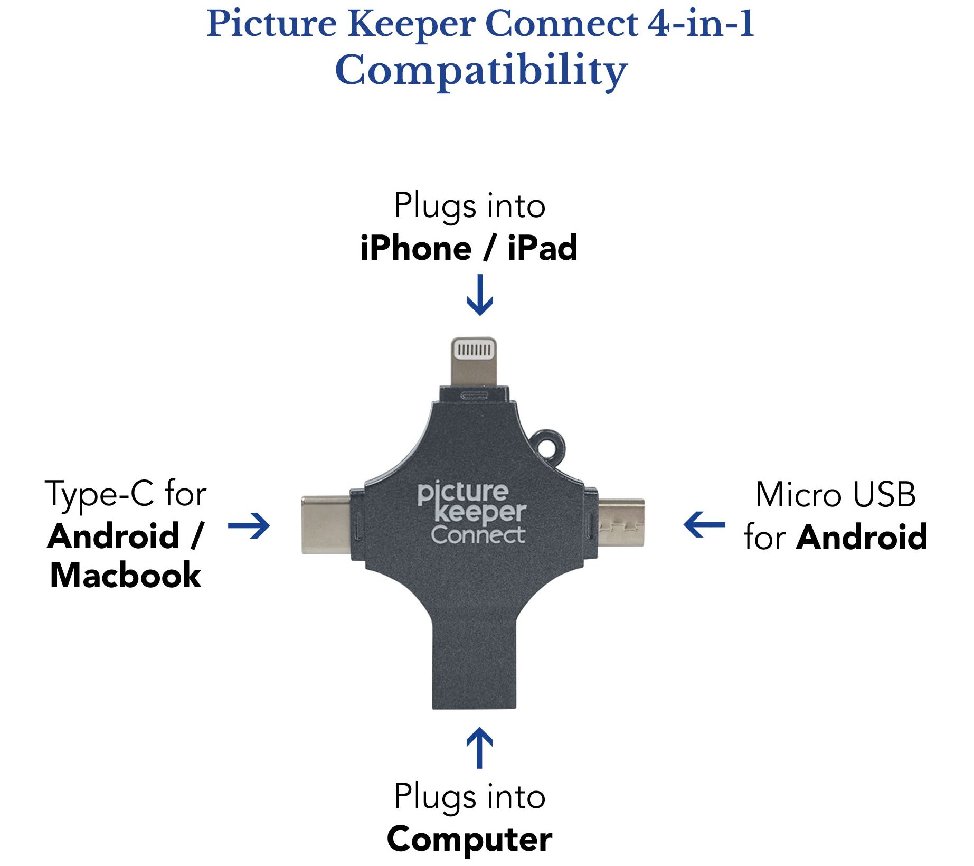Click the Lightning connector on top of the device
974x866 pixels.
tap(474, 362)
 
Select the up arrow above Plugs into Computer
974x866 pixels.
tap(479, 748)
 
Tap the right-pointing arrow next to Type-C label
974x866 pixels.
tap(249, 525)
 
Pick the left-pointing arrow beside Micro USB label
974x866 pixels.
tap(704, 524)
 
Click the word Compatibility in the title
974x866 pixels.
tap(481, 70)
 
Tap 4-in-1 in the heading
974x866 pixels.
tap(701, 24)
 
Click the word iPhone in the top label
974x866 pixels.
tap(416, 248)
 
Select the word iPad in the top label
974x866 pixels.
tap(542, 248)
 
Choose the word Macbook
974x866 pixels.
tap(126, 575)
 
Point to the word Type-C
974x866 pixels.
tap(100, 494)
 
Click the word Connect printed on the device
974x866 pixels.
tap(478, 535)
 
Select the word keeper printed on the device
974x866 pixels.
tap(480, 513)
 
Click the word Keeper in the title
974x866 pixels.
tap(411, 24)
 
